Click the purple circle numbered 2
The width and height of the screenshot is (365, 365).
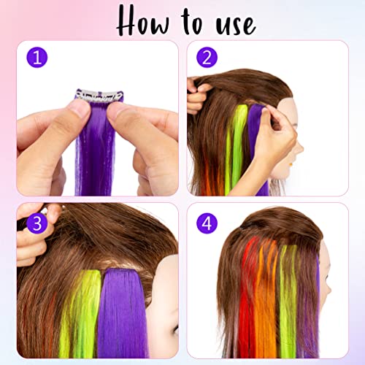(x=208, y=58)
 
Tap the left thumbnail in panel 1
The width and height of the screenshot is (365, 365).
(x=79, y=109)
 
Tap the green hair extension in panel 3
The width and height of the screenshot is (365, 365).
(x=82, y=307)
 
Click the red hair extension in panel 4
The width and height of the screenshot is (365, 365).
(x=250, y=307)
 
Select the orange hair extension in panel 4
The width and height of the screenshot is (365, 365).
(x=269, y=307)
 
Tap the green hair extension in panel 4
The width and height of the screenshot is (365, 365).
(x=289, y=307)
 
